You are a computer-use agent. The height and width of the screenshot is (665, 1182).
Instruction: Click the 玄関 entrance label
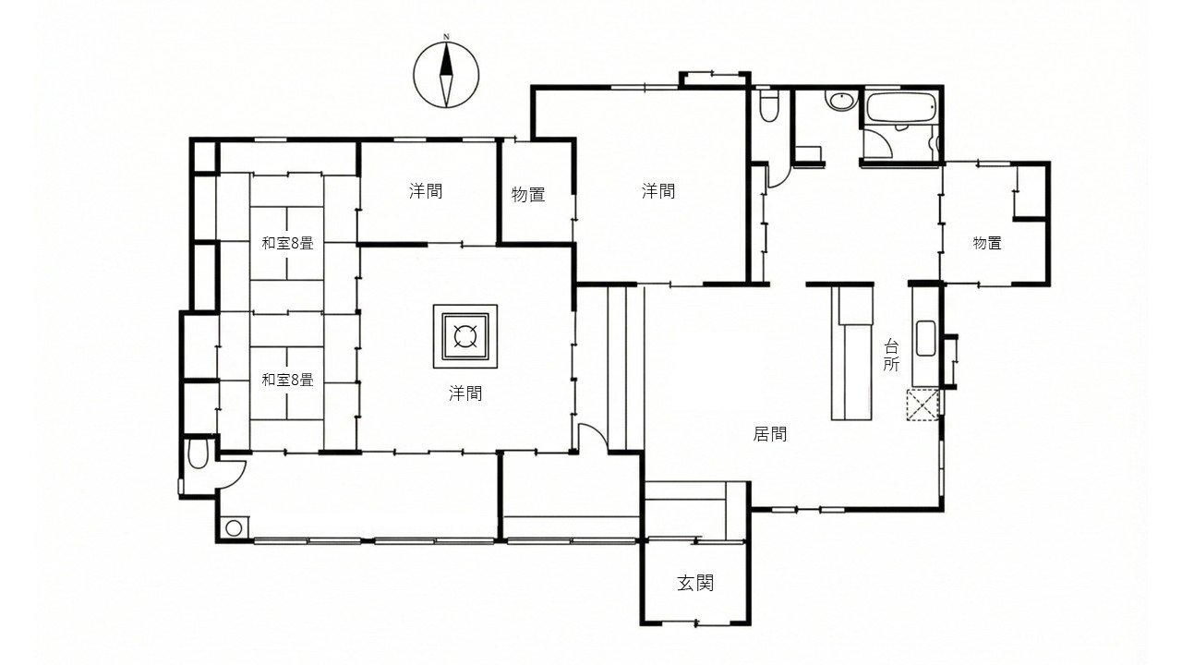point(695,583)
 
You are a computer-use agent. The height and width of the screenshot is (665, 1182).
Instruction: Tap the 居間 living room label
point(769,434)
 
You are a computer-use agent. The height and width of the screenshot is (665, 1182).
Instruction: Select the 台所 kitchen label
point(891,356)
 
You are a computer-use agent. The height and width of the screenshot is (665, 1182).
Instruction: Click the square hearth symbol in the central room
point(464,336)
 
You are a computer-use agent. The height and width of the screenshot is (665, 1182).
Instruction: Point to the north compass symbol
point(446,75)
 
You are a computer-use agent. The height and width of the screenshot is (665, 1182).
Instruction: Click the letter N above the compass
point(446,37)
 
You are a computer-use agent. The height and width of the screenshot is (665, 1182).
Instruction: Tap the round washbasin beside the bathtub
point(841,101)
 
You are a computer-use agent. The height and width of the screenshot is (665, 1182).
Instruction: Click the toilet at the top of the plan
point(769,107)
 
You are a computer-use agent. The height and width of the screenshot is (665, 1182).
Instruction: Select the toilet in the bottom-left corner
point(198,453)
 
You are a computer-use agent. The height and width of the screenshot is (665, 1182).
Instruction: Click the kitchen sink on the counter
point(925,338)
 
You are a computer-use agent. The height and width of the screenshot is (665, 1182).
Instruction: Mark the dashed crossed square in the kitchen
point(923,405)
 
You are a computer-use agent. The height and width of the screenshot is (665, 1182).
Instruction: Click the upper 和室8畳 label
point(287,243)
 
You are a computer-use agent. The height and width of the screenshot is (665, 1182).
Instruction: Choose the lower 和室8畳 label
point(287,380)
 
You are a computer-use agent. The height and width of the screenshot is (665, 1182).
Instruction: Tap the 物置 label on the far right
point(987,243)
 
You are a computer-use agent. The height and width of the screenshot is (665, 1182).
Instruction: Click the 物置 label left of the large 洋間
point(528,195)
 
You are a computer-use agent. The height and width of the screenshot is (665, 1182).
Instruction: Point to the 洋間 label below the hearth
point(464,393)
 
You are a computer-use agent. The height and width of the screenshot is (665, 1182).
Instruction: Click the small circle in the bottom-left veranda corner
point(234,527)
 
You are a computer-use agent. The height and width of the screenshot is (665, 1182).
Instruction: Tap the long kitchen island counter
point(851,353)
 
